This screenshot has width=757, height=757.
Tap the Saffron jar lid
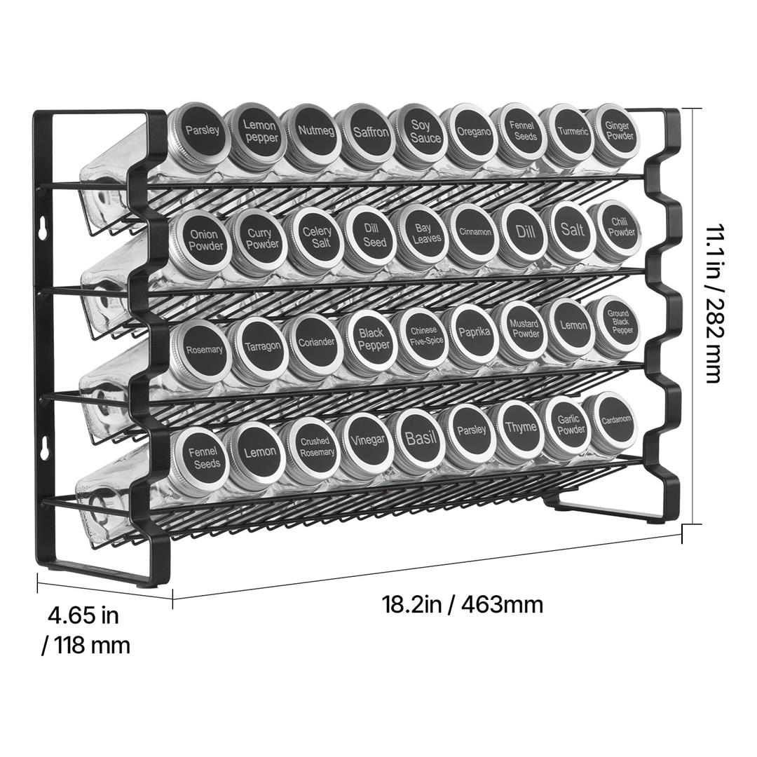tap(366, 131)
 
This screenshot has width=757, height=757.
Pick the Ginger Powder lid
tap(617, 130)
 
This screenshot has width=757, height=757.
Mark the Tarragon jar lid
tap(259, 346)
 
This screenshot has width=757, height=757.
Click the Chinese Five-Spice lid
tap(421, 336)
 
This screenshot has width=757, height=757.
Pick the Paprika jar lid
tap(472, 333)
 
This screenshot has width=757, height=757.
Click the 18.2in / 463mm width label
tap(463, 604)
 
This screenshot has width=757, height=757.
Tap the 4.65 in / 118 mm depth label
tap(86, 631)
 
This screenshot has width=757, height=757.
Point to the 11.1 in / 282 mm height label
tap(714, 304)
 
